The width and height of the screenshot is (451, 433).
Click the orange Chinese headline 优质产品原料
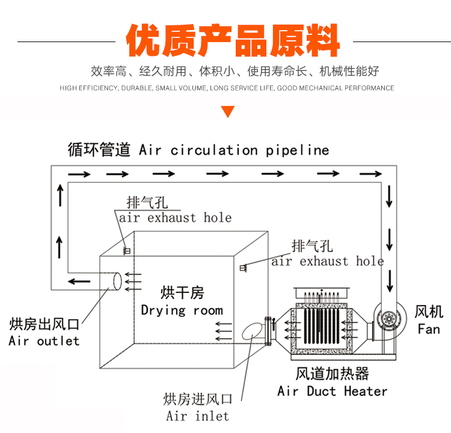tap(233, 41)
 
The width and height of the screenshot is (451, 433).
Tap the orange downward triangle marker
tap(228, 111)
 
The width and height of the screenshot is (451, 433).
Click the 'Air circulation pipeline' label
tap(234, 150)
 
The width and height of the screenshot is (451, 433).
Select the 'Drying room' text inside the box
tap(182, 311)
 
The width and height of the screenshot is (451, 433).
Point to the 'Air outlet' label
tap(44, 341)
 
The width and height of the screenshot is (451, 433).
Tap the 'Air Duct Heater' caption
tap(333, 392)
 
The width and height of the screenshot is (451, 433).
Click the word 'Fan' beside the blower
tap(429, 329)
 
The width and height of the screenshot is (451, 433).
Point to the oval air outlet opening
tap(117, 280)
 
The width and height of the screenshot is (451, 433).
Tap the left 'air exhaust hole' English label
tap(175, 218)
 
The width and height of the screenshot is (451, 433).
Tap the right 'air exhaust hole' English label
tap(327, 261)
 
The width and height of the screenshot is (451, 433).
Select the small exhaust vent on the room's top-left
tap(127, 250)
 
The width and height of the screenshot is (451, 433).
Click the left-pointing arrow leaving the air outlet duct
tap(79, 281)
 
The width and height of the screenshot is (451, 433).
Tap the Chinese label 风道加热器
tap(332, 373)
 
